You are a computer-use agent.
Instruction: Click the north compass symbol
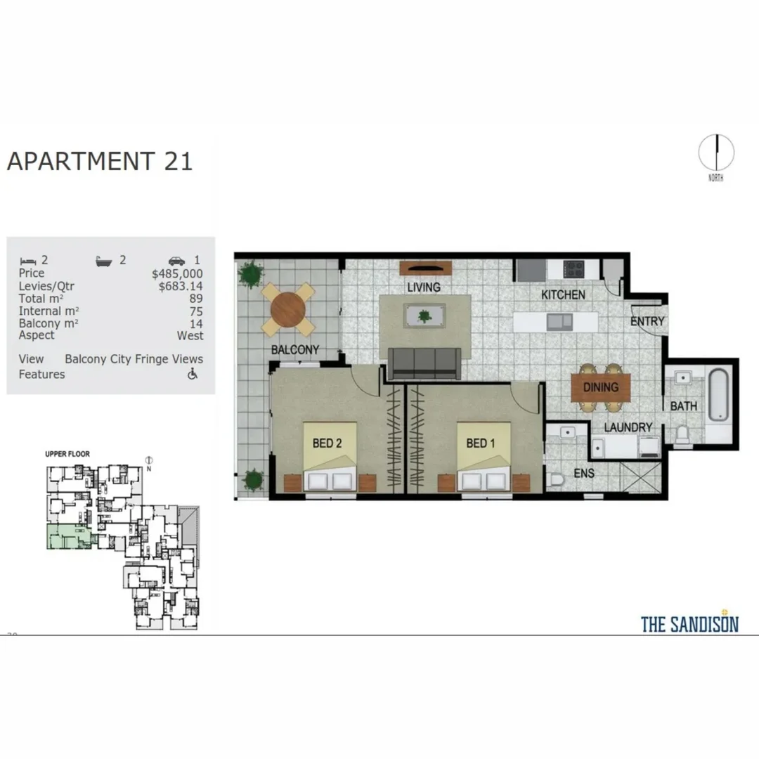[x=715, y=153]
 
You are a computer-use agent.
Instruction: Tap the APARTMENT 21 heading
[x=100, y=161]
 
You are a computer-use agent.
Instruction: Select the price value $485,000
[x=177, y=273]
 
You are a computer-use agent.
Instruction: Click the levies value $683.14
[x=181, y=286]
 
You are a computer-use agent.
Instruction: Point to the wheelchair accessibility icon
[x=193, y=374]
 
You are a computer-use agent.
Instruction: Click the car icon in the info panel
[x=176, y=260]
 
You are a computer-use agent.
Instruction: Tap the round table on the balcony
[x=289, y=308]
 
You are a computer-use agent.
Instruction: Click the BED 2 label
[x=327, y=443]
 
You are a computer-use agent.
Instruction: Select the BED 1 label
[x=481, y=443]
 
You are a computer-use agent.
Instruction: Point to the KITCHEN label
[x=563, y=295]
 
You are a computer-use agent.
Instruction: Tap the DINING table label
[x=601, y=387]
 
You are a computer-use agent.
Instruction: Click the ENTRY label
[x=647, y=322]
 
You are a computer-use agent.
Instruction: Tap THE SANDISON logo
[x=689, y=623]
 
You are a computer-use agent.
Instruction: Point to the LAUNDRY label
[x=628, y=427]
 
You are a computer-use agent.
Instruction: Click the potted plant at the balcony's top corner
[x=248, y=275]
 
